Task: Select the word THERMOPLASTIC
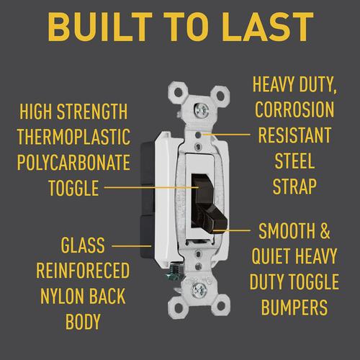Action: (73, 137)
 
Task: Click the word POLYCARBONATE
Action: (73, 163)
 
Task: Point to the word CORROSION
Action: (294, 109)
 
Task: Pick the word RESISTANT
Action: (294, 135)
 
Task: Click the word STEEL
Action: (294, 161)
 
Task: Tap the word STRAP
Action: (294, 186)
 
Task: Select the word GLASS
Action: (83, 245)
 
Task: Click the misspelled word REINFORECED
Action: (83, 271)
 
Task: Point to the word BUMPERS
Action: (294, 307)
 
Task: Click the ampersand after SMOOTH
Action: (325, 231)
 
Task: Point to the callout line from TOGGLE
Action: (152, 187)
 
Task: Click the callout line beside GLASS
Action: (132, 246)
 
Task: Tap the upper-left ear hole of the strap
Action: (179, 92)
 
